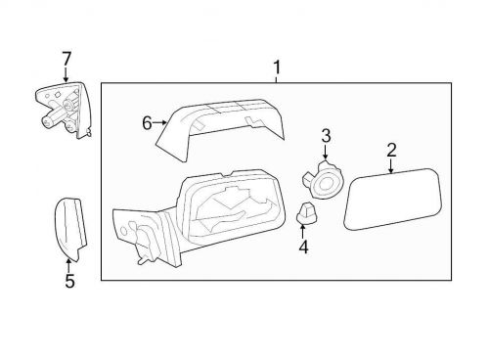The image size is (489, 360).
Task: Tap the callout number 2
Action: pyautogui.click(x=391, y=150)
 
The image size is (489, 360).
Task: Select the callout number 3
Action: pyautogui.click(x=327, y=135)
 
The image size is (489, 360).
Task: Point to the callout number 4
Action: pyautogui.click(x=303, y=247)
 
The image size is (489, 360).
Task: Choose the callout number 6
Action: pyautogui.click(x=147, y=122)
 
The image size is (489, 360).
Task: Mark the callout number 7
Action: pyautogui.click(x=66, y=59)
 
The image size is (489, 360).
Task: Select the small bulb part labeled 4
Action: pyautogui.click(x=306, y=215)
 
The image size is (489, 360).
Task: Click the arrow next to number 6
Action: pyautogui.click(x=160, y=122)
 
